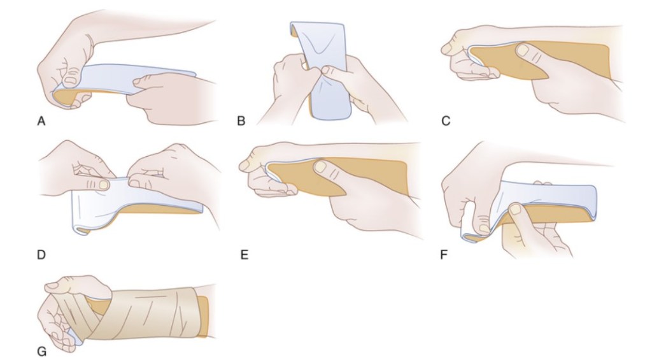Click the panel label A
pos(41,121)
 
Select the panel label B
pos(241,121)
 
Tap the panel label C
pos(445,121)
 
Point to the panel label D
pos(41,254)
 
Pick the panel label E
pos(244,254)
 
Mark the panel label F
pos(444,254)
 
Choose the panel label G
pos(41,352)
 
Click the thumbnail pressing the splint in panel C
pos(522,50)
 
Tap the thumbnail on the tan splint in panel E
pos(320,166)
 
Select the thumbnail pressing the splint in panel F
pos(516,208)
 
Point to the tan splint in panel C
pos(541,61)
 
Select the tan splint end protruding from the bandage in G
pos(203,316)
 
